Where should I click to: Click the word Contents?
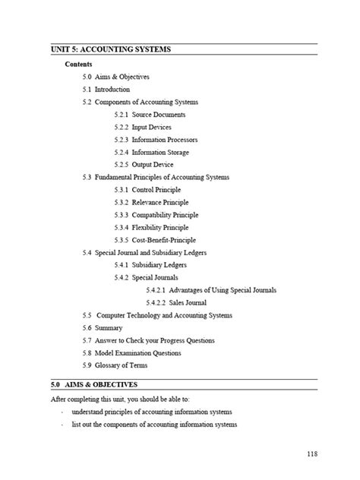pos(79,65)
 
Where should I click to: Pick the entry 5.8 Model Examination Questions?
pos(132,352)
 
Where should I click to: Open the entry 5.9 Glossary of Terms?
pos(115,365)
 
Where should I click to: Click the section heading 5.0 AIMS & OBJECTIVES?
pos(89,385)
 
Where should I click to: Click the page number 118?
pos(312,453)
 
